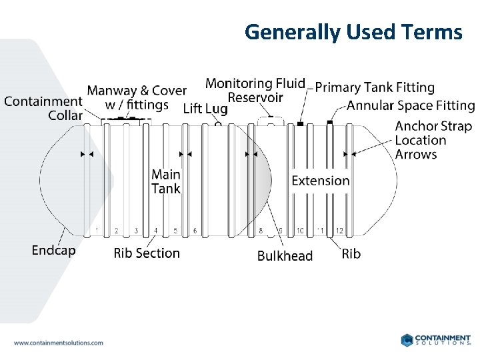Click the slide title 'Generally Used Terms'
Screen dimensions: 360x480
[x=353, y=31]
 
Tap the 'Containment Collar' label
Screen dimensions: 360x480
[x=43, y=108]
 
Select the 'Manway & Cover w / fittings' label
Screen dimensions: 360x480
[x=137, y=97]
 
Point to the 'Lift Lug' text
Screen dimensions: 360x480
[x=205, y=109]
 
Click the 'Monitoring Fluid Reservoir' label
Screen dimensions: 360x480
[x=255, y=90]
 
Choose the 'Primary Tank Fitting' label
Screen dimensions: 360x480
[x=375, y=87]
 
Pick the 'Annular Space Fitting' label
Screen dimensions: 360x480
[x=411, y=105]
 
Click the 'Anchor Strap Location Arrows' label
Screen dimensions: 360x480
[x=433, y=140]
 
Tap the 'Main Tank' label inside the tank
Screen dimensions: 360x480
[x=166, y=181]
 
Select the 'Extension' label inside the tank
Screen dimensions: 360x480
[x=321, y=181]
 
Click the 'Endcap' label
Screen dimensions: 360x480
[x=53, y=251]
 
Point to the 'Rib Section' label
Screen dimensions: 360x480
[x=147, y=253]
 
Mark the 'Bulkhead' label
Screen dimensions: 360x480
[x=285, y=256]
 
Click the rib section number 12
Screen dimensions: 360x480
[x=339, y=231]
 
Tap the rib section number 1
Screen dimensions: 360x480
[x=97, y=231]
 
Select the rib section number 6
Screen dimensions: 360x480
[x=195, y=231]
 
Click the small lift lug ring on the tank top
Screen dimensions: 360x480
[x=218, y=123]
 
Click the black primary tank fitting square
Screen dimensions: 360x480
[x=301, y=123]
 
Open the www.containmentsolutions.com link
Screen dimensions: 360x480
[x=59, y=343]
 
